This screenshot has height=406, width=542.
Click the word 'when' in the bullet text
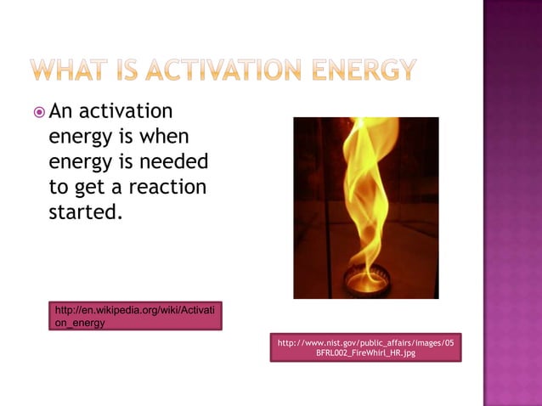(x=166, y=136)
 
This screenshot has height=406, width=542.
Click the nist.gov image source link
(x=366, y=342)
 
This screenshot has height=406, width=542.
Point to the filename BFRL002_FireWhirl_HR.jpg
(x=366, y=352)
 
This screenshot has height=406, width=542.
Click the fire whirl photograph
(x=366, y=207)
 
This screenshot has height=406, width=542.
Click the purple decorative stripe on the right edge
(x=512, y=203)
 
